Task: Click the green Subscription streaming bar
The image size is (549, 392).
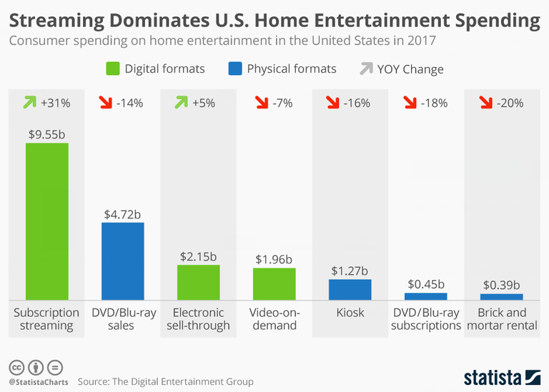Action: click(x=46, y=221)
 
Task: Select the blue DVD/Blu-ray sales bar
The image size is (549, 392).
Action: click(x=122, y=261)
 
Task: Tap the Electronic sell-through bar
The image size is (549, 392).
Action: click(x=199, y=282)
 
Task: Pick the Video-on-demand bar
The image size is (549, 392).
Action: click(x=274, y=283)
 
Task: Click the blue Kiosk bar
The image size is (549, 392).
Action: click(x=350, y=289)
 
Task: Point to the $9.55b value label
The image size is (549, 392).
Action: click(x=46, y=132)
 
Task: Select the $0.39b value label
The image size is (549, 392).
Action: click(x=502, y=283)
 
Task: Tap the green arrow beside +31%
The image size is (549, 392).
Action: click(x=28, y=103)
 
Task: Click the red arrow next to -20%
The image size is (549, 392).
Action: click(x=483, y=103)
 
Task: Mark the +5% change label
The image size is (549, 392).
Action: click(x=204, y=103)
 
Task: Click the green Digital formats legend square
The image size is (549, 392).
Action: click(x=113, y=69)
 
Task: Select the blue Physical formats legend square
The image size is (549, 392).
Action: click(x=237, y=69)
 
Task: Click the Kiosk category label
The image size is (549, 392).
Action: click(x=350, y=313)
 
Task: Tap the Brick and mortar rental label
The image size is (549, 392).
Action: click(x=502, y=319)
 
